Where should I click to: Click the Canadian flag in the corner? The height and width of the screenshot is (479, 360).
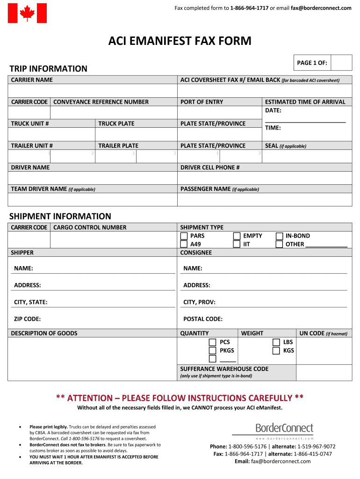[x=28, y=13]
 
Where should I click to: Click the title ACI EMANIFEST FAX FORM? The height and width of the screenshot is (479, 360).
[x=180, y=41]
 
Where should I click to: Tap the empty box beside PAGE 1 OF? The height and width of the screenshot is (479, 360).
[x=342, y=63]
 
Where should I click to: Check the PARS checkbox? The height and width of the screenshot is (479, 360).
[x=184, y=236]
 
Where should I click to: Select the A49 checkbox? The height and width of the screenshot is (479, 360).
[x=184, y=244]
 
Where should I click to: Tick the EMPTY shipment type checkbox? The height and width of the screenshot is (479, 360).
[x=237, y=236]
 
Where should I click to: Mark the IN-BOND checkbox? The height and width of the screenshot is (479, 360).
[x=279, y=236]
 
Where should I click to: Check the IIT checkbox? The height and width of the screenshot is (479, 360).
[x=237, y=244]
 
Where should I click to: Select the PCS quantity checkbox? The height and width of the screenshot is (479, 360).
[x=213, y=342]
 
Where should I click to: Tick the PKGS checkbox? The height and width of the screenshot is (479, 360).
[x=213, y=351]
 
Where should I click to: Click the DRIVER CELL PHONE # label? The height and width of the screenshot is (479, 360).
[x=210, y=167]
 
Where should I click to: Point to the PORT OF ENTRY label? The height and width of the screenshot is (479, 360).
[x=202, y=102]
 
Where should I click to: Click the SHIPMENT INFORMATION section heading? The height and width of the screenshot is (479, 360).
[x=60, y=216]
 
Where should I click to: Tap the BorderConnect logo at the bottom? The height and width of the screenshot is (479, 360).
[x=284, y=428]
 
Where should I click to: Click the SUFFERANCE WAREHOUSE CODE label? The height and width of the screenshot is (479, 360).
[x=224, y=369]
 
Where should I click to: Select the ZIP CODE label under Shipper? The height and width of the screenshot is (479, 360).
[x=27, y=319]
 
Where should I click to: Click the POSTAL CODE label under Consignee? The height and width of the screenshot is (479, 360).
[x=203, y=319]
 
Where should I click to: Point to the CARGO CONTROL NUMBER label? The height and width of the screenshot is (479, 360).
[x=90, y=227]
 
